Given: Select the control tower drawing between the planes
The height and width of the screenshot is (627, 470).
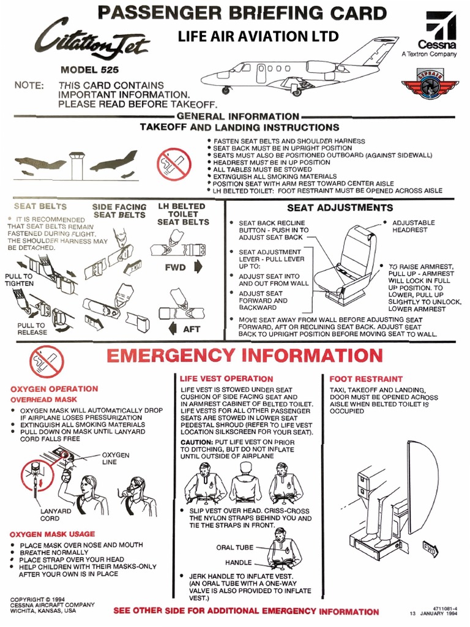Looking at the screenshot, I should pyautogui.click(x=77, y=163).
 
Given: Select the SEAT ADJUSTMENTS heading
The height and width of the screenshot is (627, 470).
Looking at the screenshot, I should pyautogui.click(x=340, y=208).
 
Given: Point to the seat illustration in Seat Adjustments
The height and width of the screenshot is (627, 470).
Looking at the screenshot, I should pyautogui.click(x=348, y=265).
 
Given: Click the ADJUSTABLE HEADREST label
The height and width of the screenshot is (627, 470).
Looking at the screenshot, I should pyautogui.click(x=413, y=227).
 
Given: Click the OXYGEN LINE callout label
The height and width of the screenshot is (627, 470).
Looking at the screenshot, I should pyautogui.click(x=115, y=459).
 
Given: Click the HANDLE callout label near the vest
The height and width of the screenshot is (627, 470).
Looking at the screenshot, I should pyautogui.click(x=238, y=562).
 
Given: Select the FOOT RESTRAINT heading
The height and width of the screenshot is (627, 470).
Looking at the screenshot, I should pyautogui.click(x=366, y=379).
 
